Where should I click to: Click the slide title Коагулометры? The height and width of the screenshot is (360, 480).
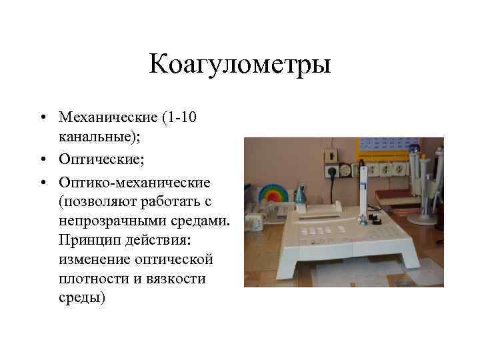click(240, 65)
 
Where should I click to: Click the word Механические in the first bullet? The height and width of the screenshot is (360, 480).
click(107, 117)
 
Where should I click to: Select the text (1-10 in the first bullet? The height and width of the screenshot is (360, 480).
click(179, 117)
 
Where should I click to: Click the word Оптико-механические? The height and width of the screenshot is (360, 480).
click(135, 181)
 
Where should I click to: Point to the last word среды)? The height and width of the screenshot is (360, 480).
click(82, 298)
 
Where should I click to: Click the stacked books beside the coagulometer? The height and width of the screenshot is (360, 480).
click(397, 198)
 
